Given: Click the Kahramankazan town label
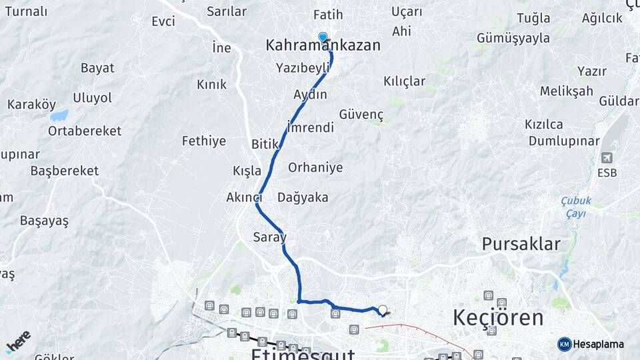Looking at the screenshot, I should tap(323, 46).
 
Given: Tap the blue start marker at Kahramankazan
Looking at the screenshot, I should tap(323, 37).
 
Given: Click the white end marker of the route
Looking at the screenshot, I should tap(382, 309).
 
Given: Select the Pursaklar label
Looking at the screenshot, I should tap(521, 244).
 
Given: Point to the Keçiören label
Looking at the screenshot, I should tap(498, 318).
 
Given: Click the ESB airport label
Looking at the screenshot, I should tap(607, 173).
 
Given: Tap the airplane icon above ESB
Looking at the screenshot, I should tap(607, 158).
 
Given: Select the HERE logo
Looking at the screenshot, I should tap(18, 341).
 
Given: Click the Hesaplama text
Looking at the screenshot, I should tap(598, 344).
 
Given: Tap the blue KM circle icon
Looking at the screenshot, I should tap(564, 344).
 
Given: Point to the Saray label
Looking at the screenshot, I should tap(269, 237).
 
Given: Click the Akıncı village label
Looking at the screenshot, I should tap(243, 197).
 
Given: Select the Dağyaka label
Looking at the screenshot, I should tap(303, 197).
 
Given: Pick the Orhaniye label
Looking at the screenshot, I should tap(315, 167).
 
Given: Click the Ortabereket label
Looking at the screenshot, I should tap(84, 131).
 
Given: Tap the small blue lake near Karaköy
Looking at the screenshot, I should tap(59, 115).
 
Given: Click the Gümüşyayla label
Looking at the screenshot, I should tap(513, 38).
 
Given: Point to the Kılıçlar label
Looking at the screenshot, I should tap(404, 81).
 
